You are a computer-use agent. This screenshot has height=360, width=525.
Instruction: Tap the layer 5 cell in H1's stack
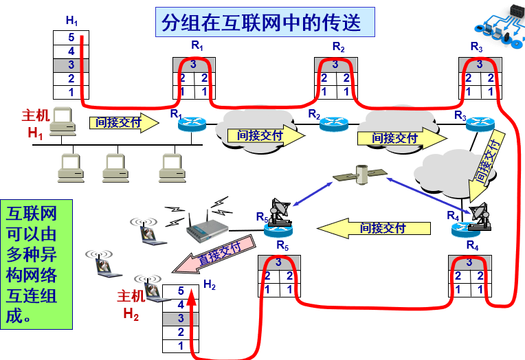click(71, 37)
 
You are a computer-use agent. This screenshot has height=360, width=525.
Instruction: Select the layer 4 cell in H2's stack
click(181, 304)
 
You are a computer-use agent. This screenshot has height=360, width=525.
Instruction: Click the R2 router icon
click(333, 124)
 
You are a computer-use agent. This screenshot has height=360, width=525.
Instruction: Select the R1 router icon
click(192, 124)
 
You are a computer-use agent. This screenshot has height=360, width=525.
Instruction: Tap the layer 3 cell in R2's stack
click(336, 65)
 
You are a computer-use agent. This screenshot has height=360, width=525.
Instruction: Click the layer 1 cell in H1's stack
click(71, 92)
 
